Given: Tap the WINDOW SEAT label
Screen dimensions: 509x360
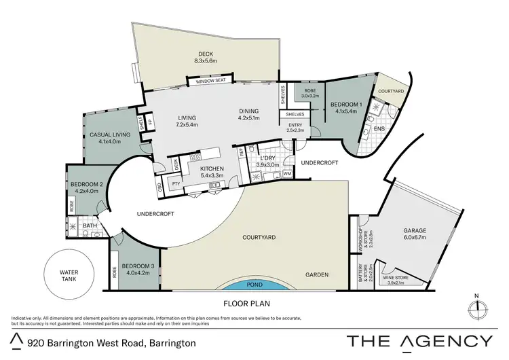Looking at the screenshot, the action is point(210,82).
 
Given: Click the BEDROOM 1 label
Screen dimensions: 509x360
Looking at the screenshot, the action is point(346,105).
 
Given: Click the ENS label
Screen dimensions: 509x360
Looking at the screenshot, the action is point(380,128).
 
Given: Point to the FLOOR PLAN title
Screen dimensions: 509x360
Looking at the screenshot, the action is point(247,305).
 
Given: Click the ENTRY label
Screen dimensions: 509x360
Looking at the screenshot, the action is point(295,125).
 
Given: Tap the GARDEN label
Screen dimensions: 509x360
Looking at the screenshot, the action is point(317,275).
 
